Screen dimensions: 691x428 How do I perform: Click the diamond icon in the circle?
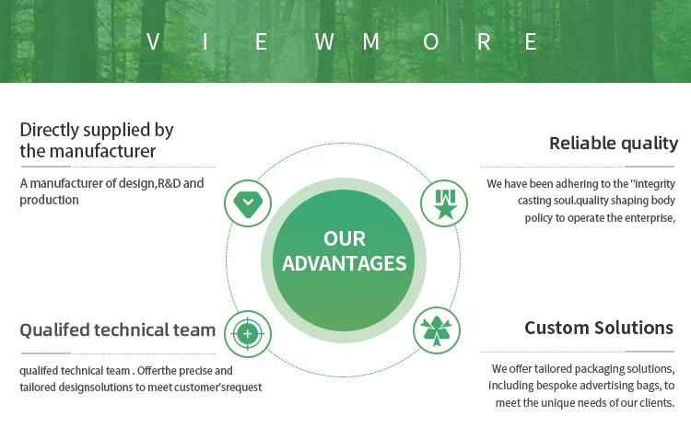pos(247,203)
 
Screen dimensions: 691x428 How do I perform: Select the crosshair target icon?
pos(247,331)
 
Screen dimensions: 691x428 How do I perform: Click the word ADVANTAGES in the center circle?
pos(345,264)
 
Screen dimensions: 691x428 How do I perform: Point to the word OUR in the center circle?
pos(345,239)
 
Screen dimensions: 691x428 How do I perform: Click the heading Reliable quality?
pos(614,144)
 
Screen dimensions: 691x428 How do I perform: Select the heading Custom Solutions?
pos(599,328)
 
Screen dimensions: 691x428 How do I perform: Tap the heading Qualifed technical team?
pos(118,330)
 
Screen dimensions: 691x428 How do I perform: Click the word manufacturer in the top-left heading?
pos(103,151)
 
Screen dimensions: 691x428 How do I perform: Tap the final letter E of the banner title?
pos(531,41)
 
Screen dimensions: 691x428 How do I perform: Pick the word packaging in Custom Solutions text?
pos(600,369)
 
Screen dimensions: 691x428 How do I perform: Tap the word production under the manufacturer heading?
pos(49,200)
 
